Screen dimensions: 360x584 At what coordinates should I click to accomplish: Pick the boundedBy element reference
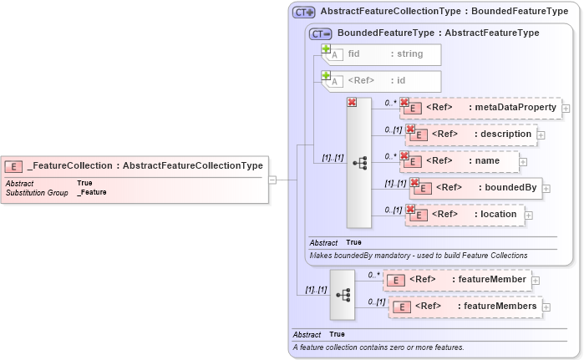(476, 188)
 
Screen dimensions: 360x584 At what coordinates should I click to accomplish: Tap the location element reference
(466, 215)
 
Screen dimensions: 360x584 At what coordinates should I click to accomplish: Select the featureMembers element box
(465, 307)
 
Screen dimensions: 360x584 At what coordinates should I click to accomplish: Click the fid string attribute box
(382, 54)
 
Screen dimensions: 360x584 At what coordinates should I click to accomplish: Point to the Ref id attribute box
(382, 81)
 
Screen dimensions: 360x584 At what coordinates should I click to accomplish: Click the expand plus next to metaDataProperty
(566, 108)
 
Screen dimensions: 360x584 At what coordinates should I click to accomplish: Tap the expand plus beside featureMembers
(547, 307)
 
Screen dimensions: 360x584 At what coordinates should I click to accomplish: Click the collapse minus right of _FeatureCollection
(272, 179)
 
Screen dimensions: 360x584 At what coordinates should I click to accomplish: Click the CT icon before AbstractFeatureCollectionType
(303, 13)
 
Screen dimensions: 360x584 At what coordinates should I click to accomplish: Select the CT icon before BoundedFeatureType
(320, 33)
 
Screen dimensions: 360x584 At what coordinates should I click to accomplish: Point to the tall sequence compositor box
(358, 163)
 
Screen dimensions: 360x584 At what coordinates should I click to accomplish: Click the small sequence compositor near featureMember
(342, 294)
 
